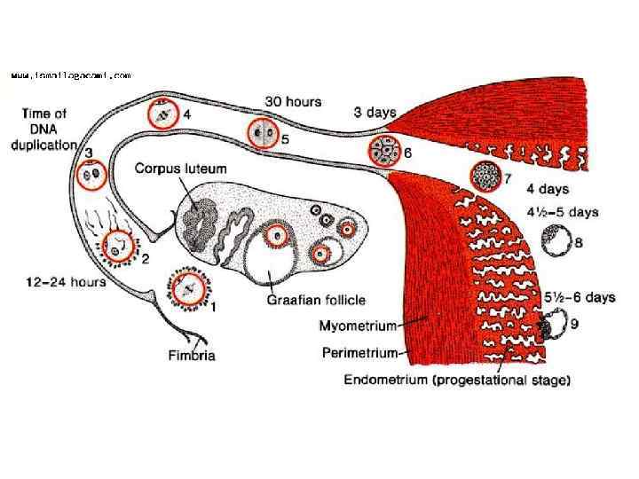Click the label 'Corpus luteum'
point(180,168)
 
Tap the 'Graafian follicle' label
point(316,300)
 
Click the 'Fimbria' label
point(192,356)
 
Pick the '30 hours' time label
point(294,102)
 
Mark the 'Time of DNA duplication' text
point(44,130)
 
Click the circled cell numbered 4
point(162,115)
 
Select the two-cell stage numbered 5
point(262,135)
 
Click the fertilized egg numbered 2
point(117,249)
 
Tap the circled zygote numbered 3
point(90,177)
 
